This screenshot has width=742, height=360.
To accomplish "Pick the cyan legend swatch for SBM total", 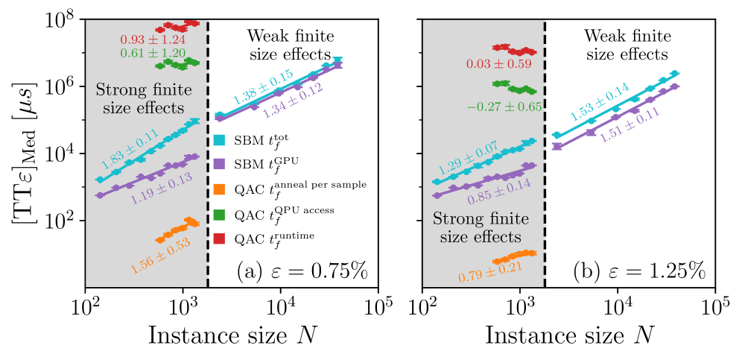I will pyautogui.click(x=219, y=139).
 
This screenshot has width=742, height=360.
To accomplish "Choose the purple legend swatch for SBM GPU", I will pyautogui.click(x=219, y=163).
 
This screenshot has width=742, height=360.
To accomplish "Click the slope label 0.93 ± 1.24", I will pyautogui.click(x=153, y=39).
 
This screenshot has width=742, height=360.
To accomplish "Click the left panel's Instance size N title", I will pyautogui.click(x=234, y=336).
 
